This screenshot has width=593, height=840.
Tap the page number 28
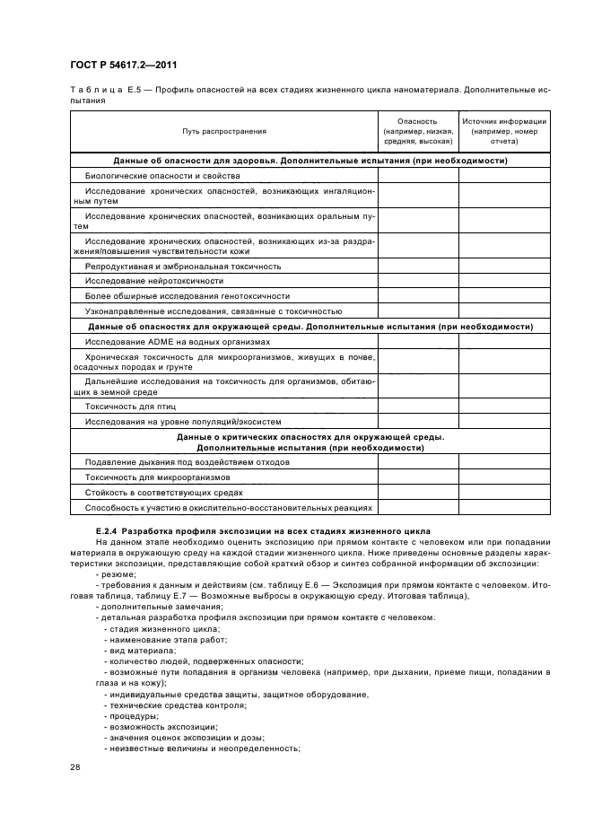75,765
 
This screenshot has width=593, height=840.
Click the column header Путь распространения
223,131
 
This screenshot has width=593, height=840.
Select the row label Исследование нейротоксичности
142,281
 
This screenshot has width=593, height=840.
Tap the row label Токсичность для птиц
125,407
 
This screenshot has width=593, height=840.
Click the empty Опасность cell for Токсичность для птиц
417,407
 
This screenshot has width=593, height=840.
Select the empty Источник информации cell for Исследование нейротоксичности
503,281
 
